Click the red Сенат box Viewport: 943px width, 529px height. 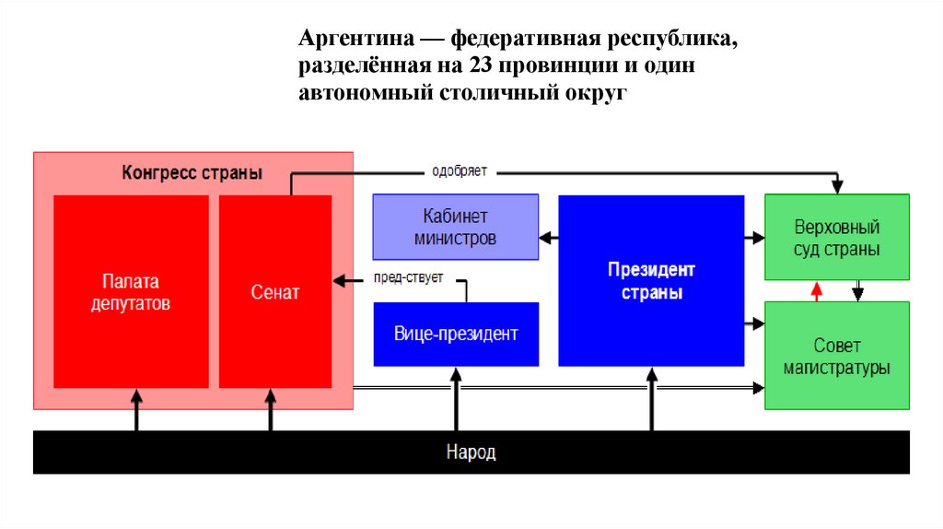tap(274, 291)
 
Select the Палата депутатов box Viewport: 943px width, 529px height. tap(130, 291)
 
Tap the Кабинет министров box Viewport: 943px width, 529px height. tap(455, 227)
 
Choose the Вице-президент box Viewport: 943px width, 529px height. tap(456, 334)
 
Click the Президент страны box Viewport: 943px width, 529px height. tap(651, 281)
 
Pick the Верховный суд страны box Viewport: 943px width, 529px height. tap(836, 237)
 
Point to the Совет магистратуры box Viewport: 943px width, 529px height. tap(836, 356)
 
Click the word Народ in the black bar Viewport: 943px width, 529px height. tap(471, 453)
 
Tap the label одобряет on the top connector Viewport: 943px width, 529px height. tap(460, 171)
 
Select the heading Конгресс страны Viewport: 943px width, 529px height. tap(192, 172)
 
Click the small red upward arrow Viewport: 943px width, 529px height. tap(815, 291)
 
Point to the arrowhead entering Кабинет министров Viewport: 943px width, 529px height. tap(545, 238)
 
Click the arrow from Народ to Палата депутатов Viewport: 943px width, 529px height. tap(137, 409)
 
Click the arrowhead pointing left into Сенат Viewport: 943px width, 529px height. tap(339, 280)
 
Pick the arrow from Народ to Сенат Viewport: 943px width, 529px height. tap(271, 409)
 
